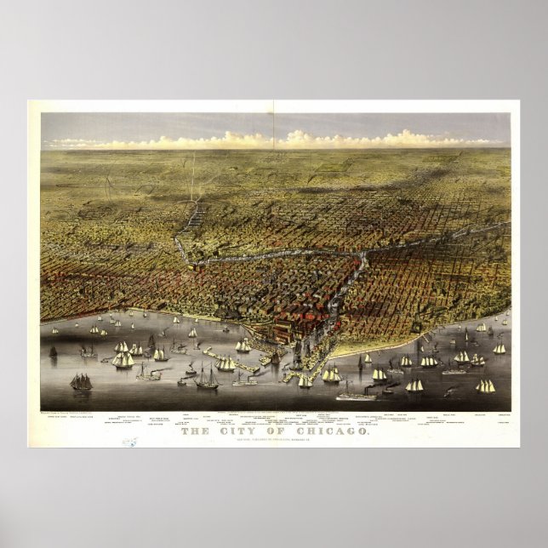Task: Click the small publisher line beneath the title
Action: (274, 440)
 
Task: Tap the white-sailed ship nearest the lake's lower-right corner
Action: (486, 386)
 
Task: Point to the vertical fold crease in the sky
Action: (273, 128)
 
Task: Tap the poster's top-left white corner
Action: (31, 103)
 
